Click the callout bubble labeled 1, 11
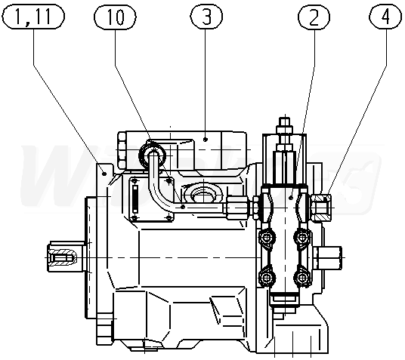(32, 17)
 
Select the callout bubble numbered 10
(115, 17)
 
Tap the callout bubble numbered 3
(206, 17)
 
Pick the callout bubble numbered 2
(314, 17)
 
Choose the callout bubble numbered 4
(385, 17)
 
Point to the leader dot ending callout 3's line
(206, 140)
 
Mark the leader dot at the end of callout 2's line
(292, 198)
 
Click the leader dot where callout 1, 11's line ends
(104, 174)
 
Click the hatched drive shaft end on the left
(62, 257)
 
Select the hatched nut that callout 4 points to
(322, 208)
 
